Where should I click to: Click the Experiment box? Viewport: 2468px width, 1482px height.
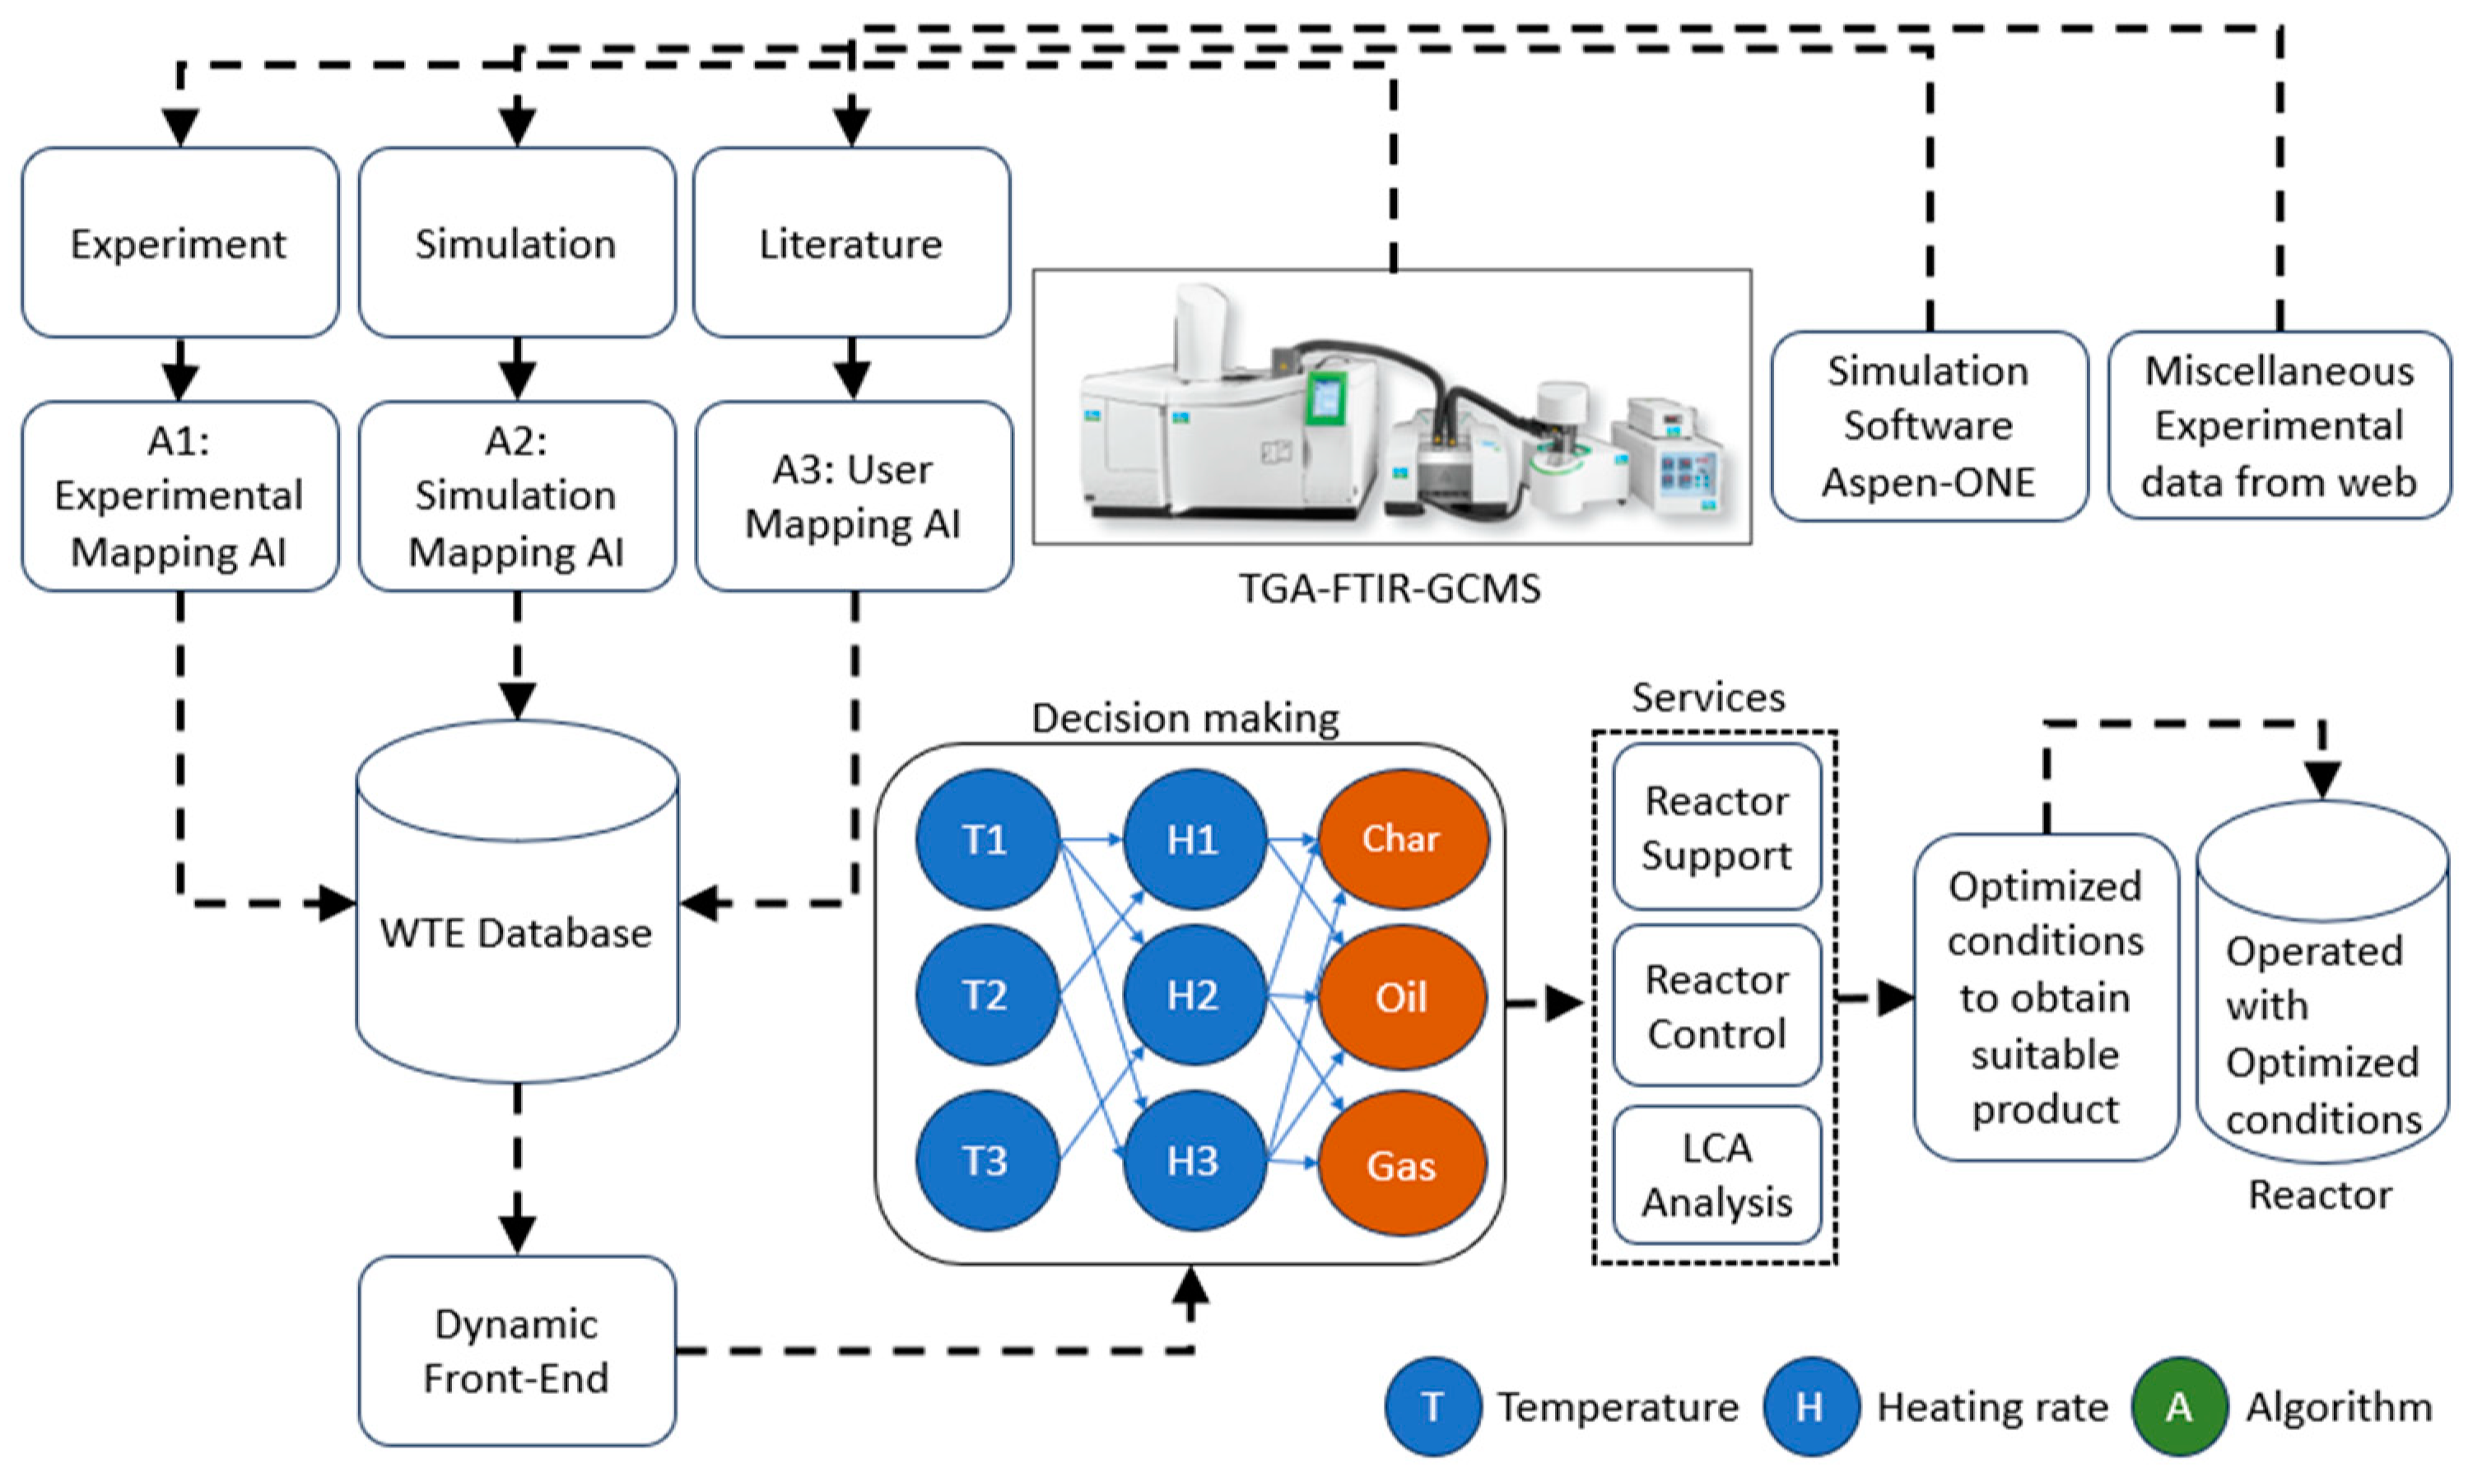coord(179,243)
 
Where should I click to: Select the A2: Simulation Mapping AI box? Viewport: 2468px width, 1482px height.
coord(516,496)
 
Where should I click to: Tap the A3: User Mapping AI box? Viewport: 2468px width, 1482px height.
coord(853,496)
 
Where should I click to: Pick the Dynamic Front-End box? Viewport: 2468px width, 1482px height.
coord(516,1350)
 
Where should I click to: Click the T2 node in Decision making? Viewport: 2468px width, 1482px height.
coord(986,996)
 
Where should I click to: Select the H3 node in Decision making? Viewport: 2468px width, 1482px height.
coord(1194,1160)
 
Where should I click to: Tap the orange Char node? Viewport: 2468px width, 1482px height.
coord(1402,839)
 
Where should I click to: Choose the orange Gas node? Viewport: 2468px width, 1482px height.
coord(1402,1165)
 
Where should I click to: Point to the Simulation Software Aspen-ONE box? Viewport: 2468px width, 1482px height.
coord(1929,426)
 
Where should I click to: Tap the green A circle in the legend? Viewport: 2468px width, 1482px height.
coord(2178,1406)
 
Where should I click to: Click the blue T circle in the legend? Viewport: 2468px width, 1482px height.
coord(1432,1406)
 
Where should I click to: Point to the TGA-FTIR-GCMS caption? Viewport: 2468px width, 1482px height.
coord(1390,589)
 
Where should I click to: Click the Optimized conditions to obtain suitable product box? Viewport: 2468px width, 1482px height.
coord(2045,997)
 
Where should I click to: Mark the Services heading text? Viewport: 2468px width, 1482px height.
coord(1708,697)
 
